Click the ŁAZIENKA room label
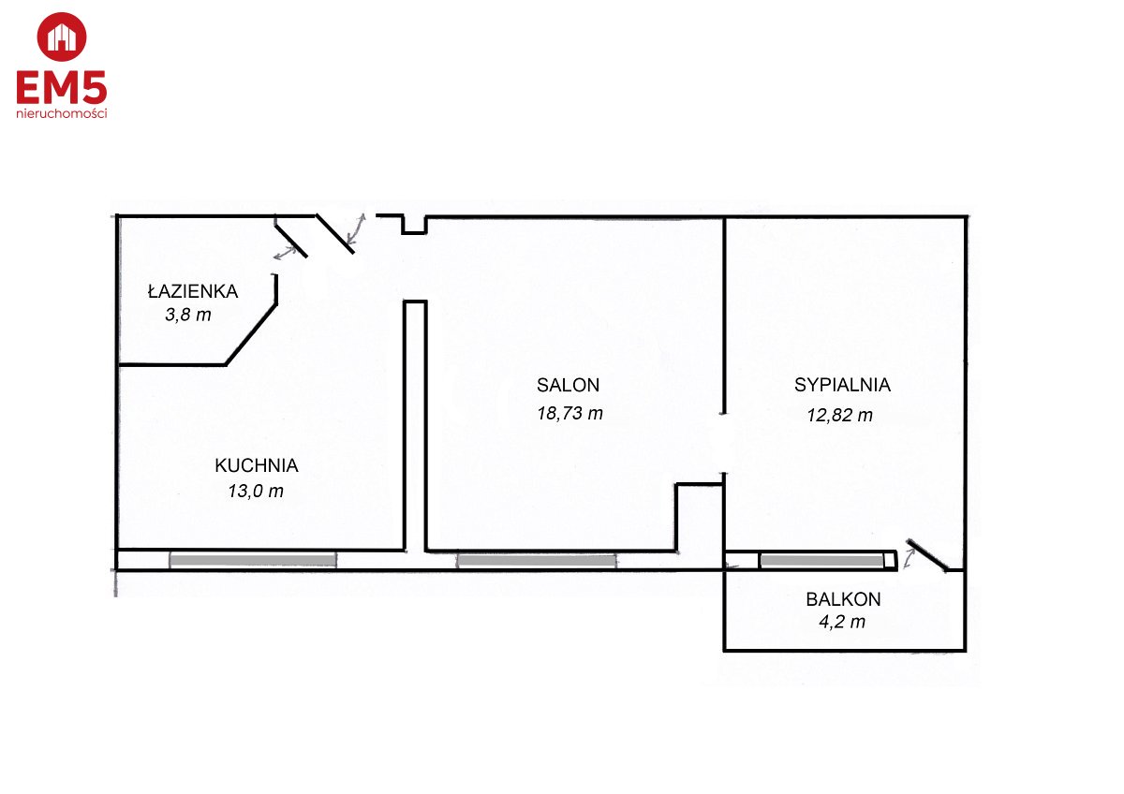[193, 290]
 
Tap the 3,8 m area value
[188, 315]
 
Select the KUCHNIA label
[257, 466]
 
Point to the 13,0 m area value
[256, 491]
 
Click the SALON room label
[568, 385]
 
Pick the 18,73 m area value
[570, 413]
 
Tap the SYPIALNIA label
[842, 385]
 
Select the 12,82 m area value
[840, 416]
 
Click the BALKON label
[844, 599]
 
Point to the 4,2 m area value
[842, 622]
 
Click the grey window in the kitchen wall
[253, 560]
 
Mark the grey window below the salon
[537, 561]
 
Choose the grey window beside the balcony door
[822, 561]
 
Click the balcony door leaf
[927, 555]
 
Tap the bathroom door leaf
[291, 241]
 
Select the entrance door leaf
[335, 234]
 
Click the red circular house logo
[62, 37]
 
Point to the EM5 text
[62, 87]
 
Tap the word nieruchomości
[62, 114]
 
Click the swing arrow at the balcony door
[910, 558]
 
